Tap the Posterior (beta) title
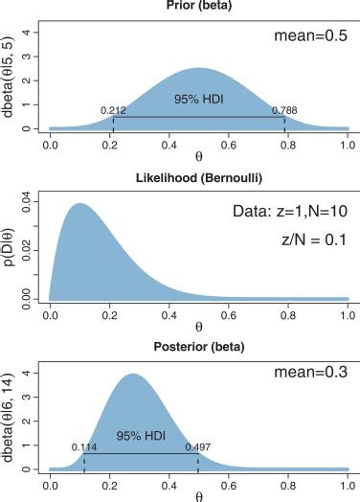pos(198,344)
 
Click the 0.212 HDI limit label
pos(114,110)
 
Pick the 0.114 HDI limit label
pos(85,446)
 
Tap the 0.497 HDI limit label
pos(199,446)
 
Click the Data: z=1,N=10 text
pos(288,211)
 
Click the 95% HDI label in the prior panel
pos(197,99)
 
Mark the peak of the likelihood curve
pos(79,203)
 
